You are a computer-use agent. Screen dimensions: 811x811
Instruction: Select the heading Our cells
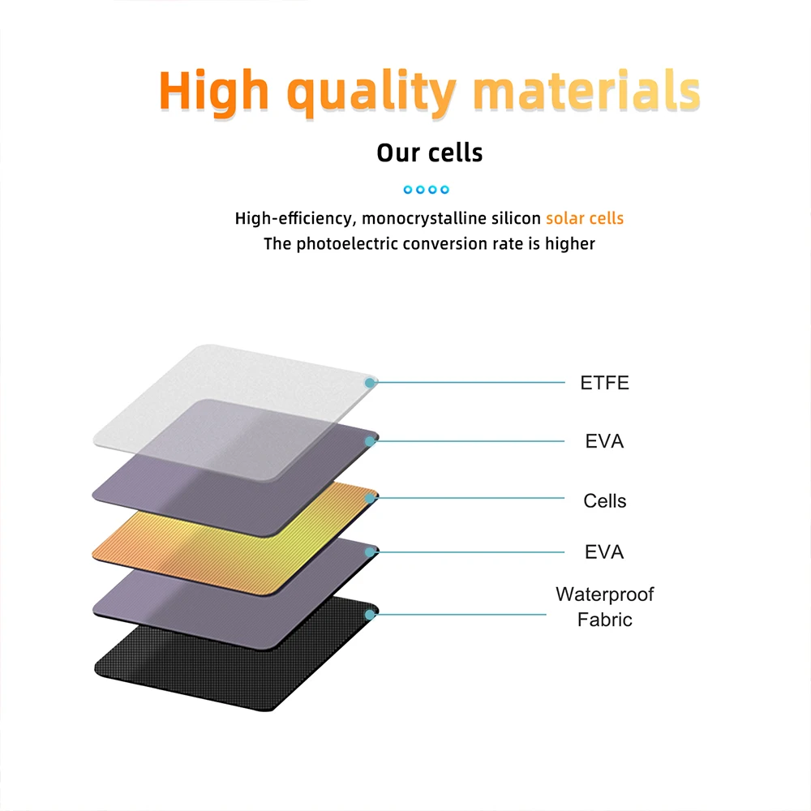pos(429,152)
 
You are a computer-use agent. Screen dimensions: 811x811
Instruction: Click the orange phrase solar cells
pos(585,218)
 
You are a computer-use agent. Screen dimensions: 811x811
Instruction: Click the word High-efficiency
pos(295,219)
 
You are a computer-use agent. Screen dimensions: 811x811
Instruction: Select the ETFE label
pos(604,383)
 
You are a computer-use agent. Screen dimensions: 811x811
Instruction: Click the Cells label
pos(605,500)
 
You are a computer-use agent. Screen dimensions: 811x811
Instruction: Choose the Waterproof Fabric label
pos(605,607)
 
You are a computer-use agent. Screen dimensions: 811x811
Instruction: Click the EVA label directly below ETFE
pos(604,441)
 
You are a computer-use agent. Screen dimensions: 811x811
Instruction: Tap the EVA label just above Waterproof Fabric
pos(604,551)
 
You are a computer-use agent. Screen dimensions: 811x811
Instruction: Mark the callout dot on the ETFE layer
pos(370,383)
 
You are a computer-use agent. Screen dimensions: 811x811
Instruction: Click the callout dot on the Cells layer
pos(370,498)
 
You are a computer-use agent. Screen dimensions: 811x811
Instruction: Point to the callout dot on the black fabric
pos(370,615)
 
